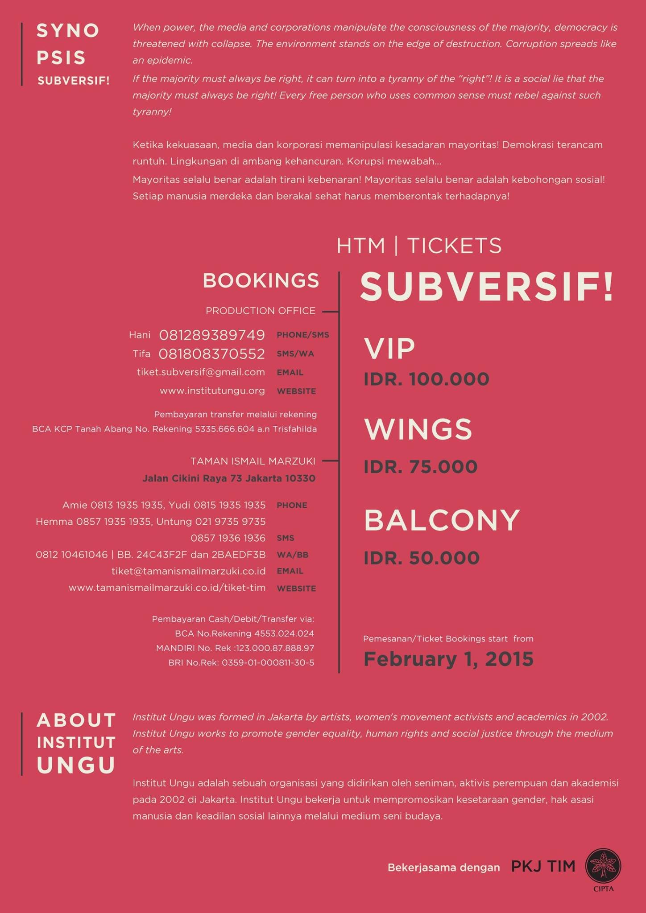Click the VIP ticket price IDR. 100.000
tap(427, 379)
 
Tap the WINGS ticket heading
tap(418, 429)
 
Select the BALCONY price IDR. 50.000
tap(422, 558)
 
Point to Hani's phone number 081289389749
tap(212, 335)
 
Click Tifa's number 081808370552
tap(212, 354)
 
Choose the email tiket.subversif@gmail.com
tap(201, 372)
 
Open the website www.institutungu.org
tap(212, 391)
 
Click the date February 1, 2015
tap(448, 659)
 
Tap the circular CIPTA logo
tap(603, 866)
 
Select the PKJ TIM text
tap(543, 866)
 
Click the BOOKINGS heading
tap(261, 281)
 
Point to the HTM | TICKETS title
tap(419, 246)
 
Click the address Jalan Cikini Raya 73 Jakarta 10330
tap(229, 478)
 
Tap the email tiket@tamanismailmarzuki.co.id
tap(189, 571)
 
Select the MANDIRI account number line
tap(235, 648)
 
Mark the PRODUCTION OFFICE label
tap(261, 311)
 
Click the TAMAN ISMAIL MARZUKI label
tap(253, 461)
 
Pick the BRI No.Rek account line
tap(241, 662)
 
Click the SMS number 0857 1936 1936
tap(228, 538)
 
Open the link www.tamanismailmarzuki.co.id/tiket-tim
tap(167, 588)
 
